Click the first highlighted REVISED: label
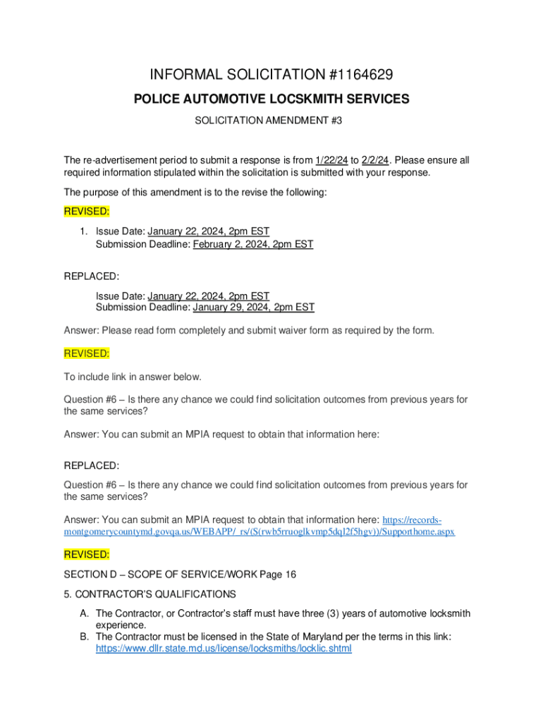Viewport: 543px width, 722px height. click(x=87, y=212)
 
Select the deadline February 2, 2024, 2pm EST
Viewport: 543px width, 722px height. click(x=253, y=244)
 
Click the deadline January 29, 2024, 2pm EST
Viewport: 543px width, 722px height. click(x=254, y=307)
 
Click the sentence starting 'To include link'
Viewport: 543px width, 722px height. click(x=133, y=377)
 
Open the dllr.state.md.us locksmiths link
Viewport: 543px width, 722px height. click(x=224, y=647)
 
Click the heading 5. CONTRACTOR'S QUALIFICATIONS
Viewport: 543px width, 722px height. click(x=150, y=594)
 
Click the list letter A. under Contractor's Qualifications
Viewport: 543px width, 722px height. click(x=84, y=614)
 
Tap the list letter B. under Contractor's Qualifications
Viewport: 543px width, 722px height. click(x=84, y=637)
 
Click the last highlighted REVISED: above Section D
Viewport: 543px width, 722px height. click(x=87, y=554)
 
